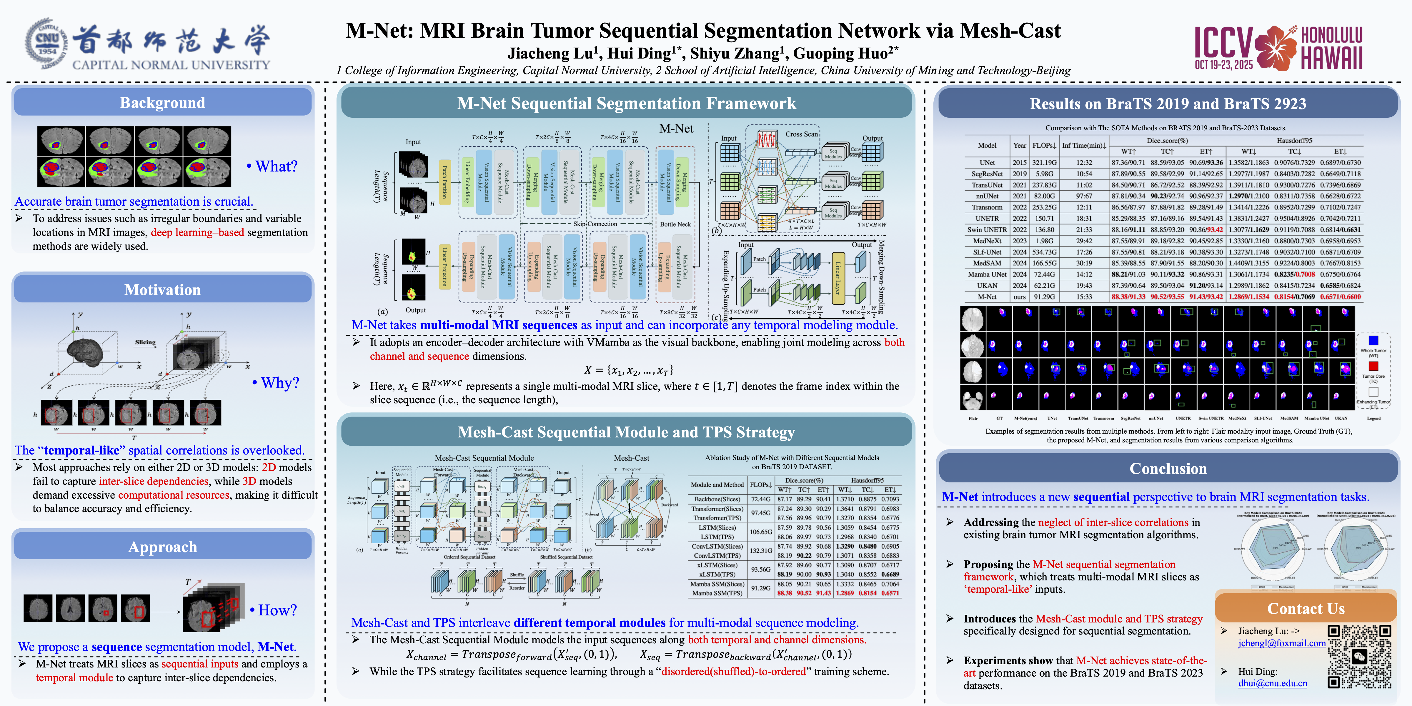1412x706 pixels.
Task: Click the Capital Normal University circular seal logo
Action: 46,44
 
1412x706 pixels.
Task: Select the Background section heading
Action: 162,103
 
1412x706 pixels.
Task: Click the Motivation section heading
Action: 162,290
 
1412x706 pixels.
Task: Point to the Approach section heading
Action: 162,547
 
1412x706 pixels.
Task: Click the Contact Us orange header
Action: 1306,609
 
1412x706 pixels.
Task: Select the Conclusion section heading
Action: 1168,469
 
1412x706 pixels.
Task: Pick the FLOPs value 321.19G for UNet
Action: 1044,163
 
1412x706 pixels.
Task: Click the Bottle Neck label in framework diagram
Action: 675,224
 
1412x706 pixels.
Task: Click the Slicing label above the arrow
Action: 145,342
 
